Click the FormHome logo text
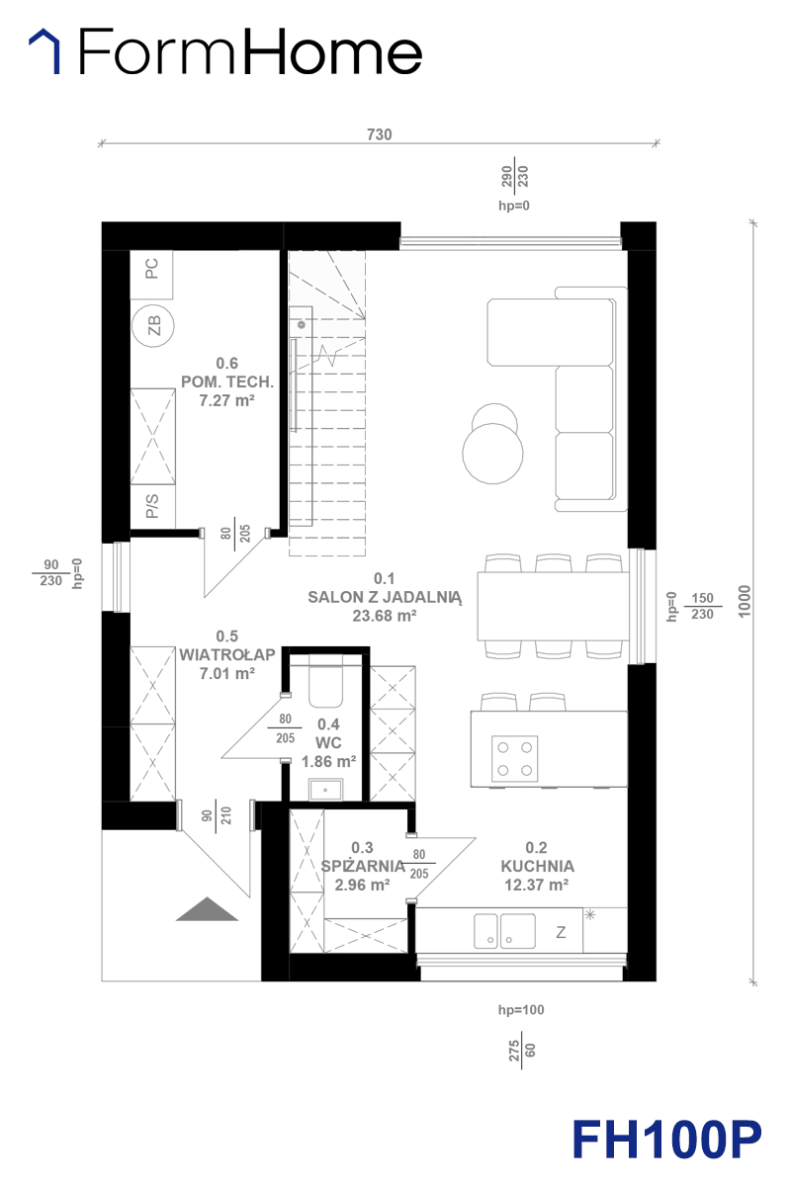tap(250, 51)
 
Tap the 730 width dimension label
tap(380, 134)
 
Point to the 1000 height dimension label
tap(745, 601)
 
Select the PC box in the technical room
tap(151, 275)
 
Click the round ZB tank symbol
tap(153, 325)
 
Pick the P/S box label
tap(152, 506)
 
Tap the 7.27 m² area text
tap(226, 400)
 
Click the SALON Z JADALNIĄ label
tap(385, 597)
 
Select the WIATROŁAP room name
tap(227, 654)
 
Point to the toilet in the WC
tap(326, 686)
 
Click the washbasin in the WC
tap(326, 790)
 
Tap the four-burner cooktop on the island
tap(514, 759)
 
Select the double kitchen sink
tap(504, 930)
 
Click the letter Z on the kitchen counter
tap(561, 932)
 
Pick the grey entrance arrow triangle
tap(208, 909)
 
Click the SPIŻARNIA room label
tap(363, 866)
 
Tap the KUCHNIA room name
tap(537, 866)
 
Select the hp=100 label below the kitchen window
tap(521, 1010)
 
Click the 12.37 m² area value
tap(537, 885)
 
